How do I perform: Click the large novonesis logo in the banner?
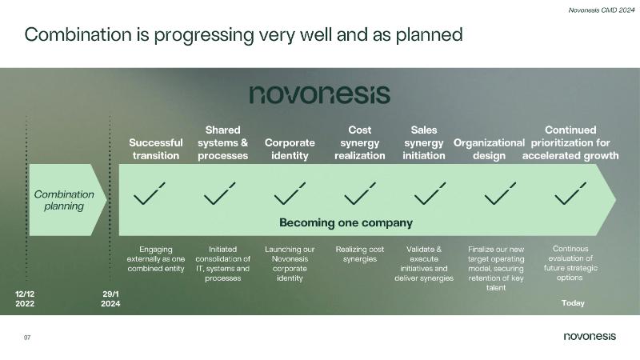[x=319, y=94]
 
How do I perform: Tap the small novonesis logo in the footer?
[x=590, y=336]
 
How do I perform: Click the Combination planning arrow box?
[x=68, y=200]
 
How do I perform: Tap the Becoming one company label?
[x=346, y=223]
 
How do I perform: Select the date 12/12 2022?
[x=25, y=298]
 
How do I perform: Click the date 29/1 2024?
[x=110, y=298]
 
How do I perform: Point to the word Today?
[x=573, y=303]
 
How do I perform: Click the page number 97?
[x=27, y=338]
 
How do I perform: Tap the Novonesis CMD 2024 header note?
[x=602, y=10]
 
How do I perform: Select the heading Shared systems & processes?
[x=223, y=143]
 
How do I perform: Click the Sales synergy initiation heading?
[x=424, y=143]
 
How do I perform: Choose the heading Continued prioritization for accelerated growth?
[x=570, y=143]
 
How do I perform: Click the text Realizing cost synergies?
[x=359, y=254]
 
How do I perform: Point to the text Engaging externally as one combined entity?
[x=155, y=258]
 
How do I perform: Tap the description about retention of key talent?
[x=496, y=268]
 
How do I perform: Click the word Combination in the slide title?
[x=78, y=34]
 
